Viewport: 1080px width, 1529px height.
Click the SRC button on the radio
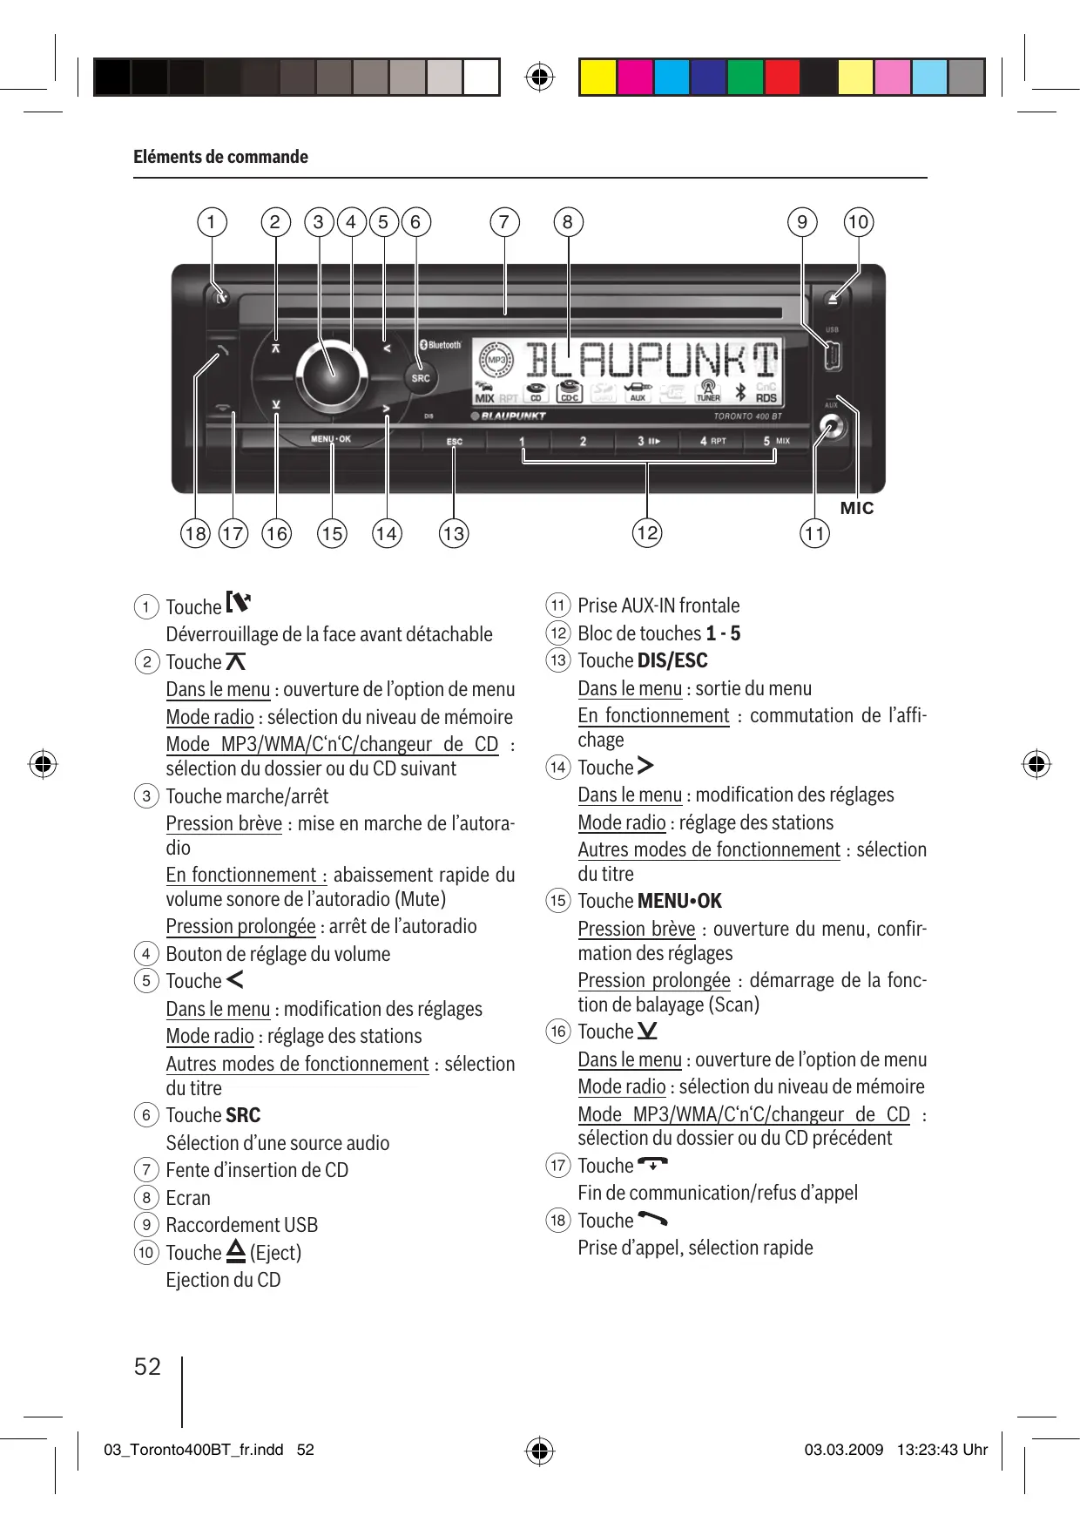tap(421, 378)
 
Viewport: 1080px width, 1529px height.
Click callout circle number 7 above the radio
tap(504, 222)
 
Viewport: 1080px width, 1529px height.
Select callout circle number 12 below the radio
tap(647, 532)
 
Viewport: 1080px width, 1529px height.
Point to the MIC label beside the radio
tap(856, 508)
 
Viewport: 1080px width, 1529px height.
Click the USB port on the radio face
tap(832, 355)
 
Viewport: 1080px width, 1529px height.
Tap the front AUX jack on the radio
tap(832, 428)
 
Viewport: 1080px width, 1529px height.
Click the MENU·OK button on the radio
tap(331, 439)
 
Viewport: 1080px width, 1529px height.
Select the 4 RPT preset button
tap(712, 441)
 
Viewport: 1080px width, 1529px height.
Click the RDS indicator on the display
tap(766, 398)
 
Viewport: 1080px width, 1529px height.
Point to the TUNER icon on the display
tap(708, 391)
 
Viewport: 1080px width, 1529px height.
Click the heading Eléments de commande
tap(220, 157)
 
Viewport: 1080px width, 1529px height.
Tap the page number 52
tap(147, 1366)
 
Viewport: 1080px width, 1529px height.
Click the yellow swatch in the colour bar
tap(597, 78)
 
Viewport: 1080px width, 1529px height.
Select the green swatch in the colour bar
tap(745, 78)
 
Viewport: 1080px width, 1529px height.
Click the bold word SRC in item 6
tap(243, 1115)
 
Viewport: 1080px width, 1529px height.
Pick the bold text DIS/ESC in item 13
tap(672, 660)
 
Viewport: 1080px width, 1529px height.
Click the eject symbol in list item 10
tap(235, 1252)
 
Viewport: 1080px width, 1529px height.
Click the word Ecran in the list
tap(188, 1198)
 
